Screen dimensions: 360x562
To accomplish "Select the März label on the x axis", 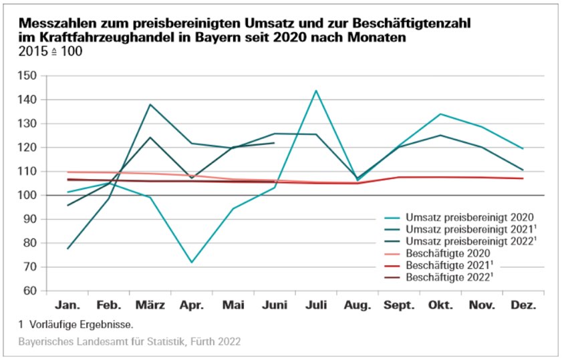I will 150,305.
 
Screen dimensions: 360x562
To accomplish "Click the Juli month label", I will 315,305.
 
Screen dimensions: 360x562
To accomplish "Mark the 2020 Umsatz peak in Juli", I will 315,91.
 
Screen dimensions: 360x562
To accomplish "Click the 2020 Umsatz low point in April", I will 192,262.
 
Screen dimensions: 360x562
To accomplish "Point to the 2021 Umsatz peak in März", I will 150,104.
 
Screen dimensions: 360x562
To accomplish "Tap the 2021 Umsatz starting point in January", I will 67,248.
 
